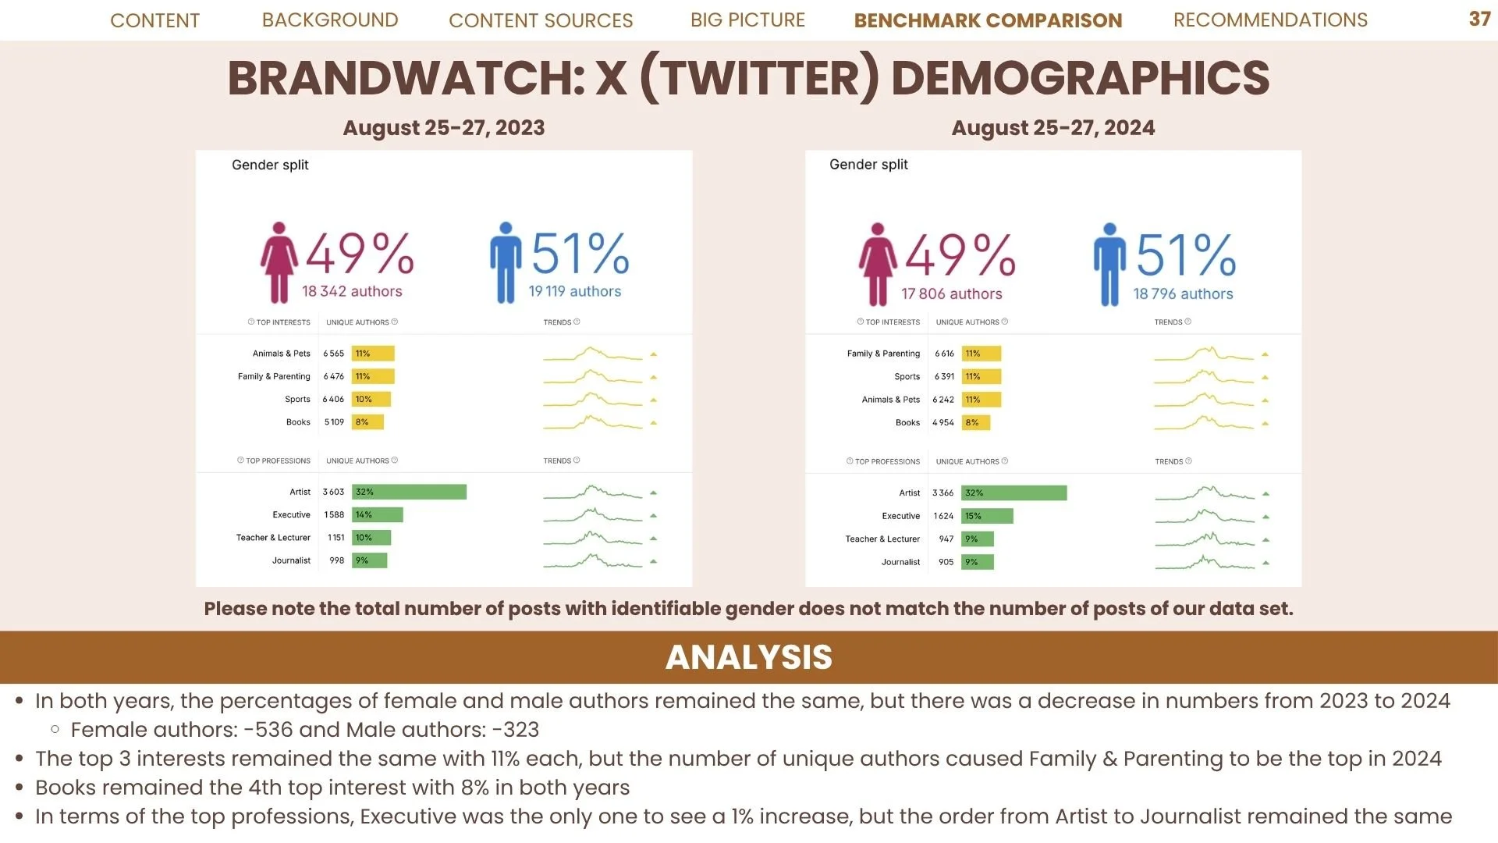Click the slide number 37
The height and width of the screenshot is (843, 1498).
[x=1479, y=20]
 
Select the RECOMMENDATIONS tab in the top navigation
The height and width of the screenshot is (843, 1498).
[x=1270, y=20]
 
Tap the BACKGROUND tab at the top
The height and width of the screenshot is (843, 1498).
[x=330, y=20]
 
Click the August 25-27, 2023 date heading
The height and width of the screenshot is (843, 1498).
[x=444, y=128]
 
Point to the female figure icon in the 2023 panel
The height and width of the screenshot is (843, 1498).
[x=279, y=263]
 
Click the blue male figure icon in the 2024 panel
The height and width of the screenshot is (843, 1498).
[x=1109, y=265]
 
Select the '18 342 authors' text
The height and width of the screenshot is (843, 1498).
[x=352, y=291]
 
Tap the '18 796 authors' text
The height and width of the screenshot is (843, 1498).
[x=1183, y=294]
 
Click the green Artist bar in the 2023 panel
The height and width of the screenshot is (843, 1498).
[x=409, y=492]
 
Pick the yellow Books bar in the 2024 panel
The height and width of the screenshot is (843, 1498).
[x=975, y=422]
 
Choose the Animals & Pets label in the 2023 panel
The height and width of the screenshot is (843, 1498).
[x=281, y=354]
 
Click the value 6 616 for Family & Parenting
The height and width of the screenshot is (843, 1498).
[x=944, y=354]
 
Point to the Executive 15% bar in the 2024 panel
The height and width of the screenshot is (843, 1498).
[x=987, y=516]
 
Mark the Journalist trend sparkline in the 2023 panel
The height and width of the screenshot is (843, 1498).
[x=593, y=560]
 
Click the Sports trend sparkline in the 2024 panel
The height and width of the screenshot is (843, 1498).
[x=1204, y=377]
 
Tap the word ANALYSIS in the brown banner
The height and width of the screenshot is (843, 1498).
[x=749, y=657]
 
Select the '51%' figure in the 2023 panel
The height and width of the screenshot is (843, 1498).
[x=580, y=254]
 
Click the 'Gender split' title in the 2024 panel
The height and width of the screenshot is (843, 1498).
[x=868, y=165]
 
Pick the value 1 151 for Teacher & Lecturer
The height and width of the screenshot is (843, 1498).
[x=336, y=538]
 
